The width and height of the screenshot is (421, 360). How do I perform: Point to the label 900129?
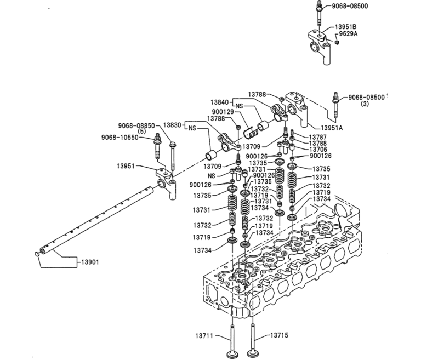coord(224,111)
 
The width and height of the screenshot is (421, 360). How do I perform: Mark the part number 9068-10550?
coord(120,137)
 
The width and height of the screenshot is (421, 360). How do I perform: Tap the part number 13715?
coord(279,335)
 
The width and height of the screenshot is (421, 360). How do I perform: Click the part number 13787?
coord(317,136)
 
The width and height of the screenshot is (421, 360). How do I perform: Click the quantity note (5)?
coord(141,131)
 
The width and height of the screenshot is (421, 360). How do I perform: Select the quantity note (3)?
coord(365,104)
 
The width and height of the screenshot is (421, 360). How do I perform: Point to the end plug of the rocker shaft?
coord(38,253)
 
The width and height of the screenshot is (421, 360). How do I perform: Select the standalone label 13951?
coord(127,165)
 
